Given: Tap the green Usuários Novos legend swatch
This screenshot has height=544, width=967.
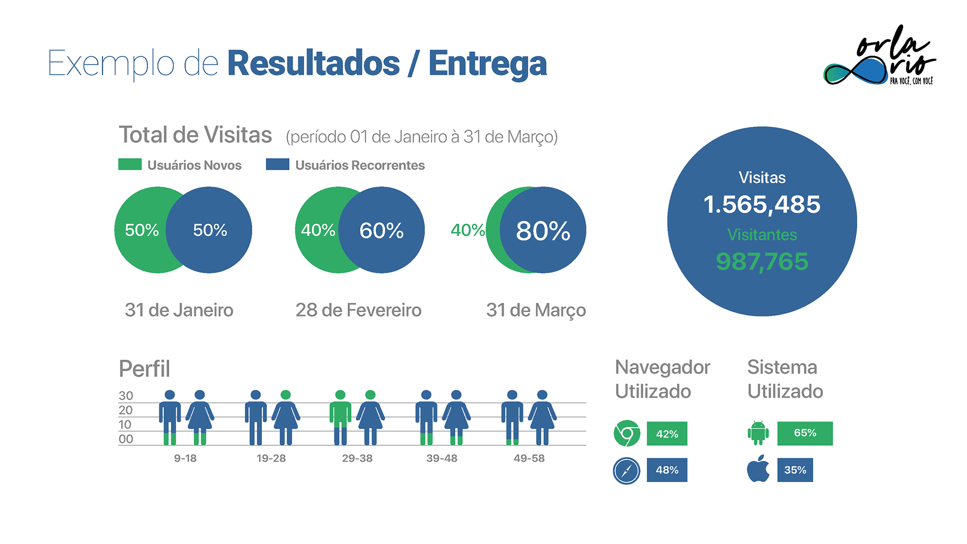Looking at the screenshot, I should click(129, 165).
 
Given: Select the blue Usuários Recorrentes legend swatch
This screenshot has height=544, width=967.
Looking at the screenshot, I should click(278, 165).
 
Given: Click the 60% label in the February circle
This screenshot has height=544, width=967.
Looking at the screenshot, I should click(381, 231).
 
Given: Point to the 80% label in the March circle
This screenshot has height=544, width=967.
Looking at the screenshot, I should click(543, 231).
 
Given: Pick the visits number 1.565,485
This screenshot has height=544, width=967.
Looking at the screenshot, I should click(762, 205).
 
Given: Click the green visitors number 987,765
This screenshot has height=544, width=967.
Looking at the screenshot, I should click(762, 261).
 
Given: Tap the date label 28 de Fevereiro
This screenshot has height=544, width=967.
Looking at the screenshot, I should click(358, 310).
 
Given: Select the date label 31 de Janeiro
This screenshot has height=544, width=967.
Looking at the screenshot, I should click(179, 310).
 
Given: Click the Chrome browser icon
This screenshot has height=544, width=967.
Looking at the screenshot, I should click(627, 433).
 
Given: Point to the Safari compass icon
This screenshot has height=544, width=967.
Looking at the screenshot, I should click(627, 470).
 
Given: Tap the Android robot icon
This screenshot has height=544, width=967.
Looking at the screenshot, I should click(758, 433).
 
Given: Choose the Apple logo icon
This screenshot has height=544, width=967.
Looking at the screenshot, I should click(758, 469).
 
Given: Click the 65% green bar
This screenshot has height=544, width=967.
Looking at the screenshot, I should click(805, 433).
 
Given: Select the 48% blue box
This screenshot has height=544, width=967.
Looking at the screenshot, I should click(667, 470).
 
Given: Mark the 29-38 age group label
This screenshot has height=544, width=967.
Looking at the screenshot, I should click(357, 458).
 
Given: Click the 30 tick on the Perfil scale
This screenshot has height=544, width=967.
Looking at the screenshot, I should click(126, 396).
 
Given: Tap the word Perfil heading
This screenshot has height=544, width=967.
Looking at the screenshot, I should click(145, 369).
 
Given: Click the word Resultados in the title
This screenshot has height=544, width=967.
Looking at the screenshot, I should click(313, 64).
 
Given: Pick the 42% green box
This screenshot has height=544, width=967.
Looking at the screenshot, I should click(667, 434).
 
